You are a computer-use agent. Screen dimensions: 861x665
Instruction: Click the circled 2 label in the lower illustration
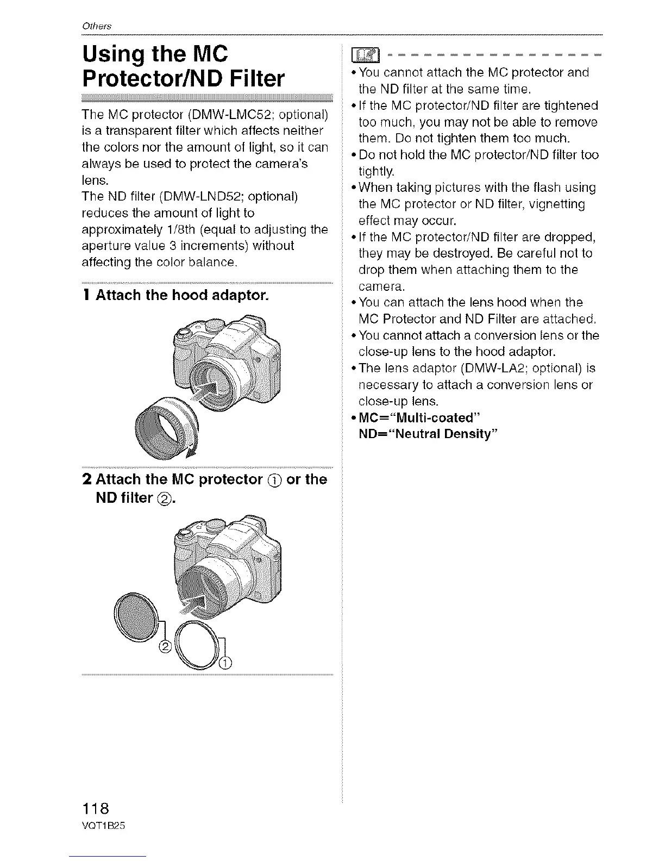click(166, 645)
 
